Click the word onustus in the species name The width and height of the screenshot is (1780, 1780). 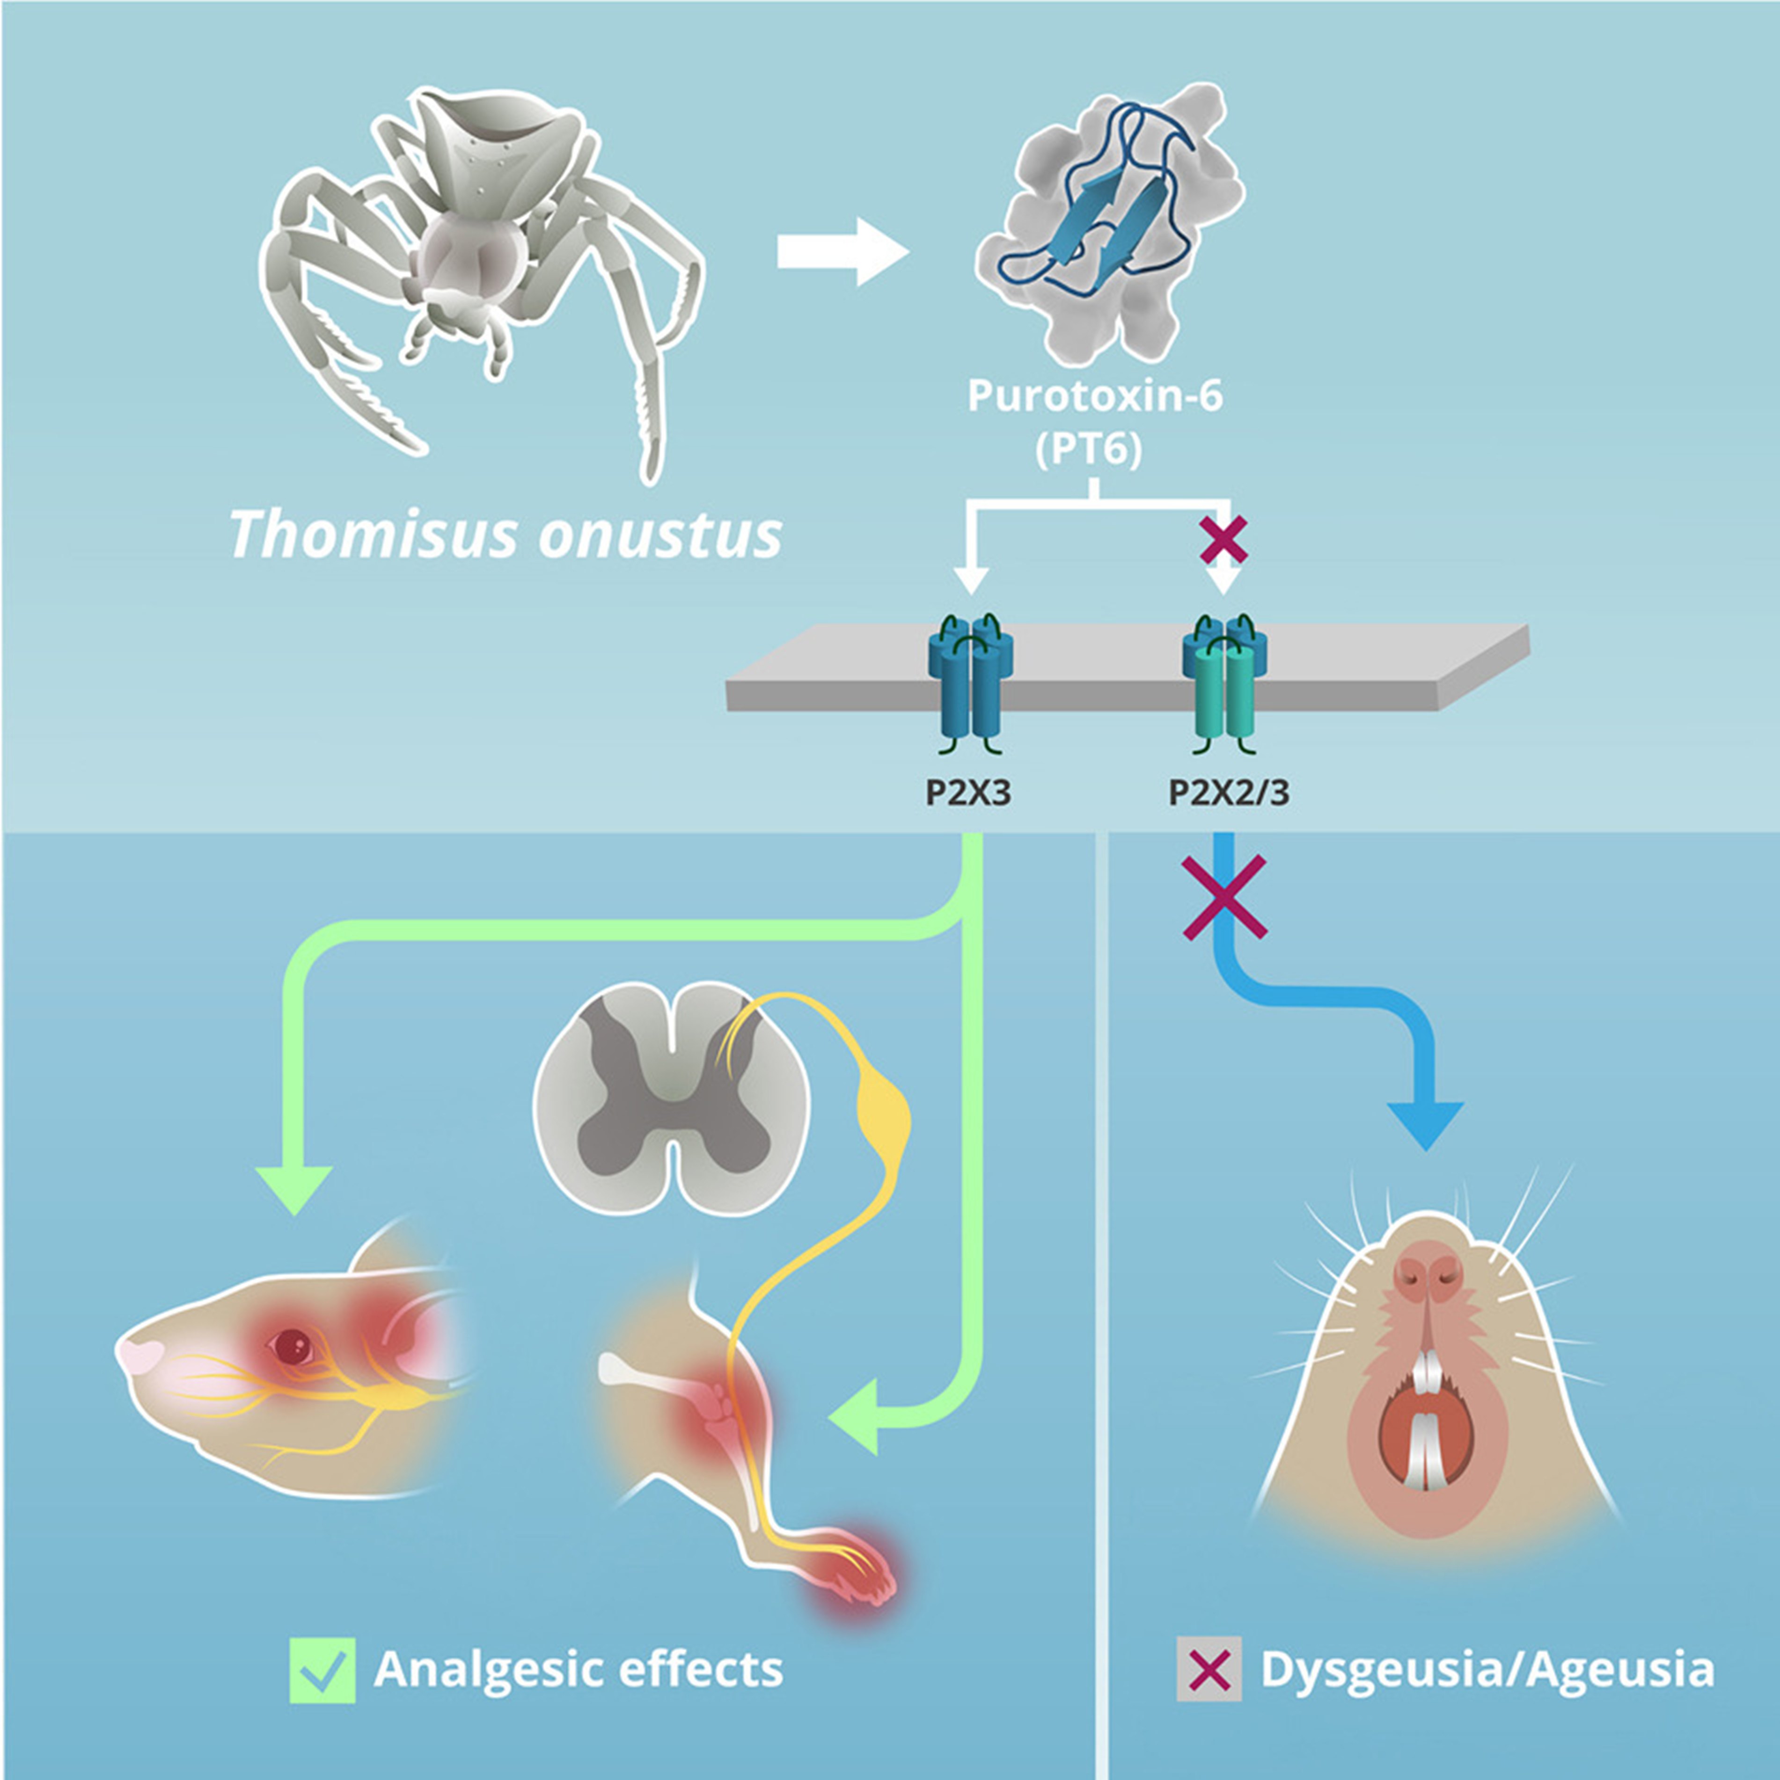click(x=659, y=535)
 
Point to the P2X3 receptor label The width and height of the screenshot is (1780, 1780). click(x=968, y=792)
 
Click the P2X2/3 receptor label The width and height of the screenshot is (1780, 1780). click(x=1229, y=792)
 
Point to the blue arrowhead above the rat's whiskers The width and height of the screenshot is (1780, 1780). click(x=1425, y=1123)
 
